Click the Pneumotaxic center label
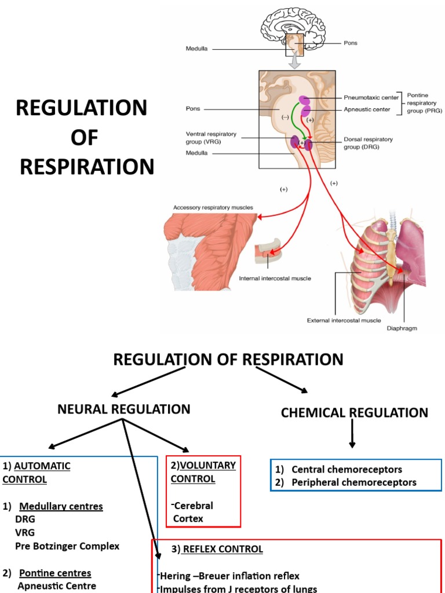pyautogui.click(x=371, y=97)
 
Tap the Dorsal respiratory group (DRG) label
pyautogui.click(x=368, y=143)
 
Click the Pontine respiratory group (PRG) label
pyautogui.click(x=424, y=103)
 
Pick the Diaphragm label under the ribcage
pyautogui.click(x=402, y=328)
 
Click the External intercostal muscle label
pyautogui.click(x=335, y=320)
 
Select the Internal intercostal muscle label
pyautogui.click(x=275, y=278)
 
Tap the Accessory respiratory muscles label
pyautogui.click(x=213, y=207)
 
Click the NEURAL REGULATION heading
pyautogui.click(x=124, y=409)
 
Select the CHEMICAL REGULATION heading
pyautogui.click(x=354, y=413)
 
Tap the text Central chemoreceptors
pyautogui.click(x=346, y=470)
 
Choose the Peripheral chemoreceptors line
pyautogui.click(x=353, y=482)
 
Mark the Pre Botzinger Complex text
pyautogui.click(x=67, y=546)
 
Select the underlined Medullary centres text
pyautogui.click(x=61, y=507)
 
